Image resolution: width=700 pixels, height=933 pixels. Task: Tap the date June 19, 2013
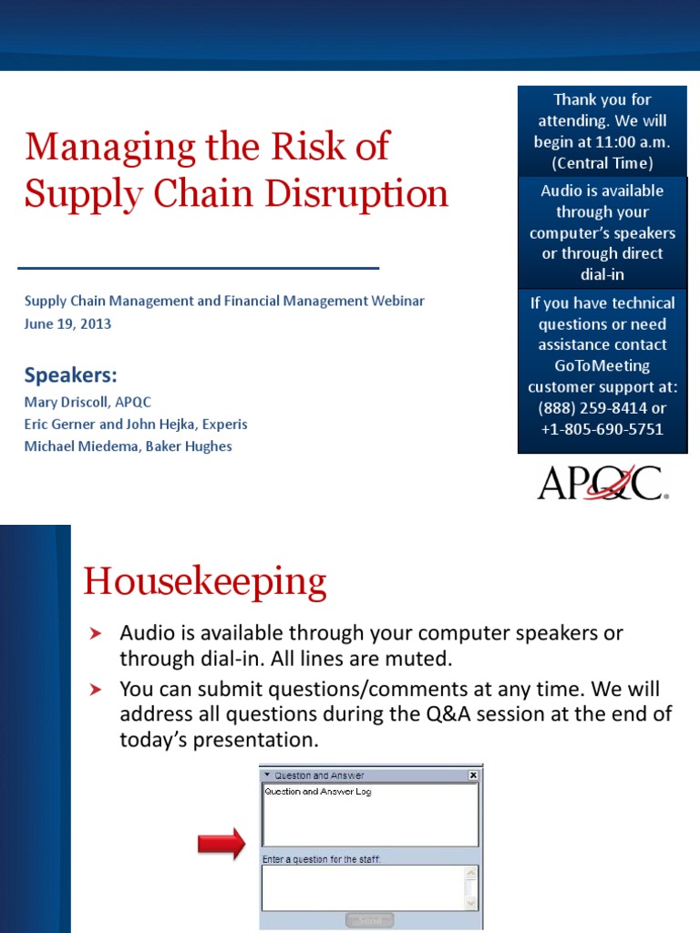pyautogui.click(x=67, y=323)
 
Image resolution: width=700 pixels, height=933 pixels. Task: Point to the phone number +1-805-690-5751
pyautogui.click(x=602, y=429)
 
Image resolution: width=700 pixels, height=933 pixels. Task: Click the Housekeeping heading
pyautogui.click(x=204, y=581)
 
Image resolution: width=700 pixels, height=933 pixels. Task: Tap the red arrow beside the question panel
pyautogui.click(x=221, y=843)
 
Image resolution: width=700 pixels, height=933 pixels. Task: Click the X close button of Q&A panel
pyautogui.click(x=473, y=774)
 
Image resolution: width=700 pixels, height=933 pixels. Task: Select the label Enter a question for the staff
pyautogui.click(x=321, y=858)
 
